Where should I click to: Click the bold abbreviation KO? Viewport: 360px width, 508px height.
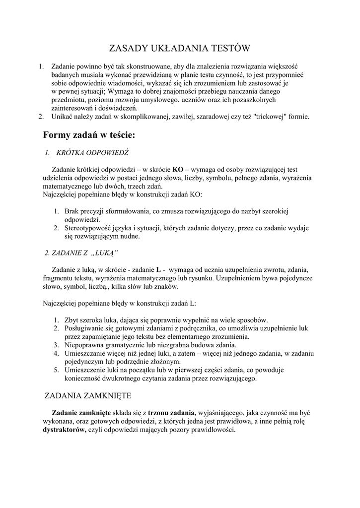pos(178,170)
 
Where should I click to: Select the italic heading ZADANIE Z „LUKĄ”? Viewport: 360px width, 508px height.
pos(81,253)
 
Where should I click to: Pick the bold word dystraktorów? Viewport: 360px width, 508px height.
pos(65,430)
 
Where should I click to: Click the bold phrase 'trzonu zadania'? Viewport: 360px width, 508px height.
pos(172,413)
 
